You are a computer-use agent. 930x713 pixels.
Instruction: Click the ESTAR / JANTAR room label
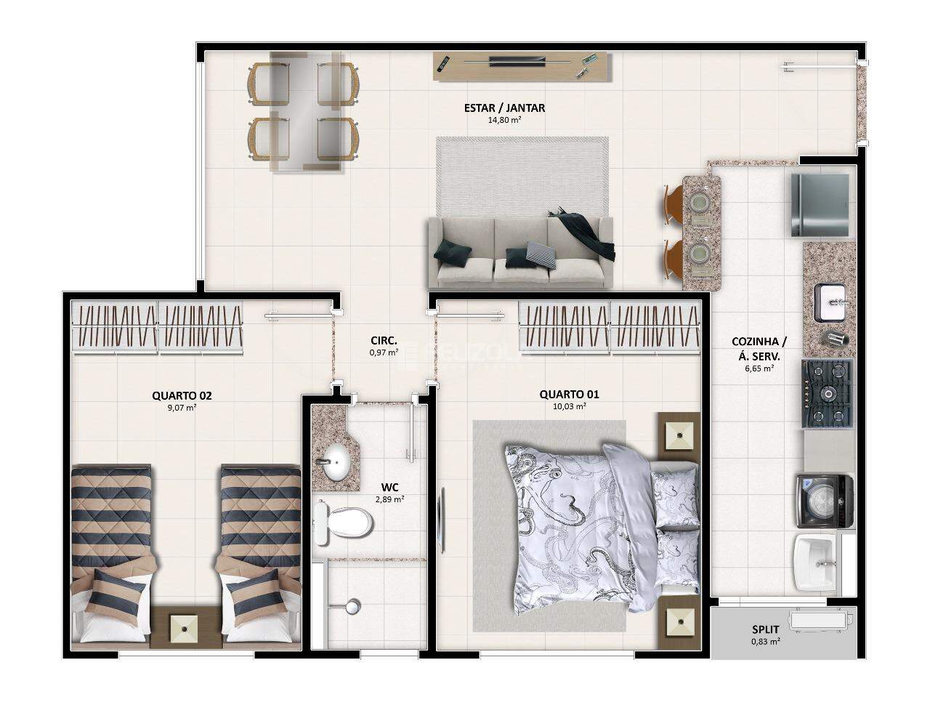point(504,108)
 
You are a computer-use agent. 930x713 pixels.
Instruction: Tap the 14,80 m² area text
point(504,120)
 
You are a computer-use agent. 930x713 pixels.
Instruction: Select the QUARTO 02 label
point(182,395)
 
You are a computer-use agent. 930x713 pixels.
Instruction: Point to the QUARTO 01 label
point(569,394)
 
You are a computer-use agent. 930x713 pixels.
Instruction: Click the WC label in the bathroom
point(390,487)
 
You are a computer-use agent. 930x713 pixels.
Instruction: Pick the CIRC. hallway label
point(384,341)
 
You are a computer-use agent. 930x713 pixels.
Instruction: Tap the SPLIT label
point(766,629)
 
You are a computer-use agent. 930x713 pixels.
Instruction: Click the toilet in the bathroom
point(342,523)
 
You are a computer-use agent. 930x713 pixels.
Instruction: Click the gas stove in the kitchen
point(826,393)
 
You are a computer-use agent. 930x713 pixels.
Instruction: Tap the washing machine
point(825,501)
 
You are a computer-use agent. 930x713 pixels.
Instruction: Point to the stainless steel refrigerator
point(820,204)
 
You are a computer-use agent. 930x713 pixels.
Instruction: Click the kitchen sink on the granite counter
point(830,303)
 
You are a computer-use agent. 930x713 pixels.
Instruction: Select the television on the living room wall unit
point(517,62)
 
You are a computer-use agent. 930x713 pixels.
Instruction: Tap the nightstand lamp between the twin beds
point(185,628)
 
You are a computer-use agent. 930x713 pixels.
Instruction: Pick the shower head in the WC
point(352,606)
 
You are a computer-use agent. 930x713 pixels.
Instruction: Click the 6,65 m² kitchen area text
point(759,368)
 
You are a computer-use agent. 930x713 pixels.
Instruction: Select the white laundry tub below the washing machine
point(815,562)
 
